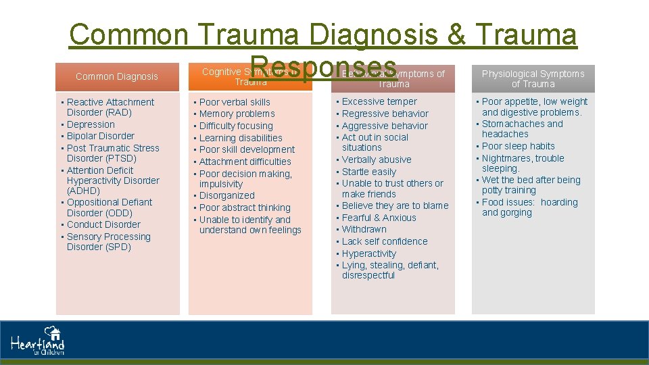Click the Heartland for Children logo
(38, 341)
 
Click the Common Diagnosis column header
(116, 76)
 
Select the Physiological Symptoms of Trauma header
(533, 78)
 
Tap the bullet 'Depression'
(91, 124)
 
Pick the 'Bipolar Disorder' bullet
(100, 136)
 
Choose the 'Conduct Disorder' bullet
(103, 224)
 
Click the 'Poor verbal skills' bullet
(235, 102)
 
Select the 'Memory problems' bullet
(237, 114)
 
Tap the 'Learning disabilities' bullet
(241, 138)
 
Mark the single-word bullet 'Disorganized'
(227, 195)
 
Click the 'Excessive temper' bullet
(379, 101)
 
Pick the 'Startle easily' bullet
(369, 172)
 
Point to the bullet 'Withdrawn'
(364, 229)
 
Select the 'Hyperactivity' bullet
(369, 253)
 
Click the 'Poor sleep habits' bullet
(518, 146)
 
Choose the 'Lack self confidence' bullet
(385, 241)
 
